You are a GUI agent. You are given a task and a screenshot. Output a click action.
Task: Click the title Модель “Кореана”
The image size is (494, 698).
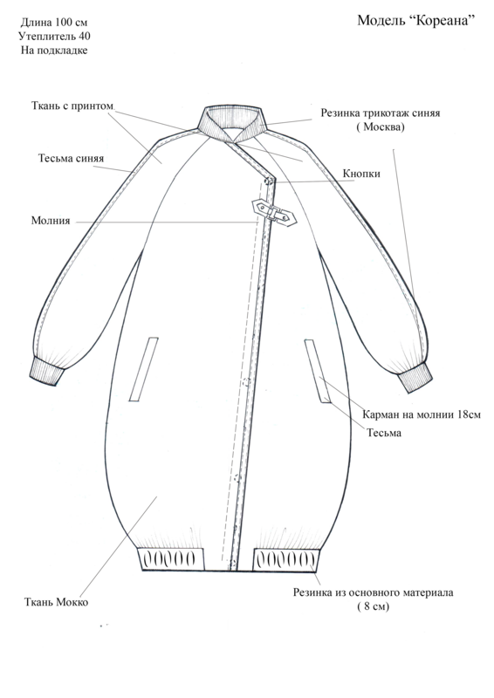tap(416, 20)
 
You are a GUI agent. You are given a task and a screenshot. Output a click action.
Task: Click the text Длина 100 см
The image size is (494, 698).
tap(54, 23)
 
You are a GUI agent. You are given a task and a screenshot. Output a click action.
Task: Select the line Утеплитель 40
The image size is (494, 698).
tap(54, 36)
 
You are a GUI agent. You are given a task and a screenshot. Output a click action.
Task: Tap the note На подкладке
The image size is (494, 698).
tap(54, 51)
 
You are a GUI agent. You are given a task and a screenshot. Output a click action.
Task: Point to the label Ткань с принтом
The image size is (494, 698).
tap(72, 106)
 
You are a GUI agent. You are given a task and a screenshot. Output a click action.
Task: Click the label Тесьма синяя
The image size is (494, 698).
tap(71, 158)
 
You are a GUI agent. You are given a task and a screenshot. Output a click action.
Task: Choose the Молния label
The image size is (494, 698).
tap(51, 221)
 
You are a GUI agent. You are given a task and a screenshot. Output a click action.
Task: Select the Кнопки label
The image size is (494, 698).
tap(361, 173)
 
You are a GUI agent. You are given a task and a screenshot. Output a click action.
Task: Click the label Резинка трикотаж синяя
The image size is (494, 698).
tap(381, 113)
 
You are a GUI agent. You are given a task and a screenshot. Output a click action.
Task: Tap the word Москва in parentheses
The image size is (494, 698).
tap(381, 127)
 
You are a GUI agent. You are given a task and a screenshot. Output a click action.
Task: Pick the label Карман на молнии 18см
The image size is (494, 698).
tap(422, 414)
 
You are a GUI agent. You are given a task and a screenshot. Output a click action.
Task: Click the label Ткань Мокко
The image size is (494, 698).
tap(56, 602)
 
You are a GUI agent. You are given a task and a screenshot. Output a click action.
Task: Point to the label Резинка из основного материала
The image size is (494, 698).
tap(373, 592)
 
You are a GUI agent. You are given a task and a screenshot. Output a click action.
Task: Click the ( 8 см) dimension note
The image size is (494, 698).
tap(373, 606)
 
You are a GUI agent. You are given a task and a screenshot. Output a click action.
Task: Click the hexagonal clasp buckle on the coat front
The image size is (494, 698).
tap(274, 212)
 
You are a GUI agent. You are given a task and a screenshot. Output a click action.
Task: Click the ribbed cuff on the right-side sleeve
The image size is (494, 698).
tap(415, 378)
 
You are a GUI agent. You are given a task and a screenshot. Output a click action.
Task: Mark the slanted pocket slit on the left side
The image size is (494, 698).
tap(144, 369)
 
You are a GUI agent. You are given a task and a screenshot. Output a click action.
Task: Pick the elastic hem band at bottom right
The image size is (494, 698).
tap(286, 560)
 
